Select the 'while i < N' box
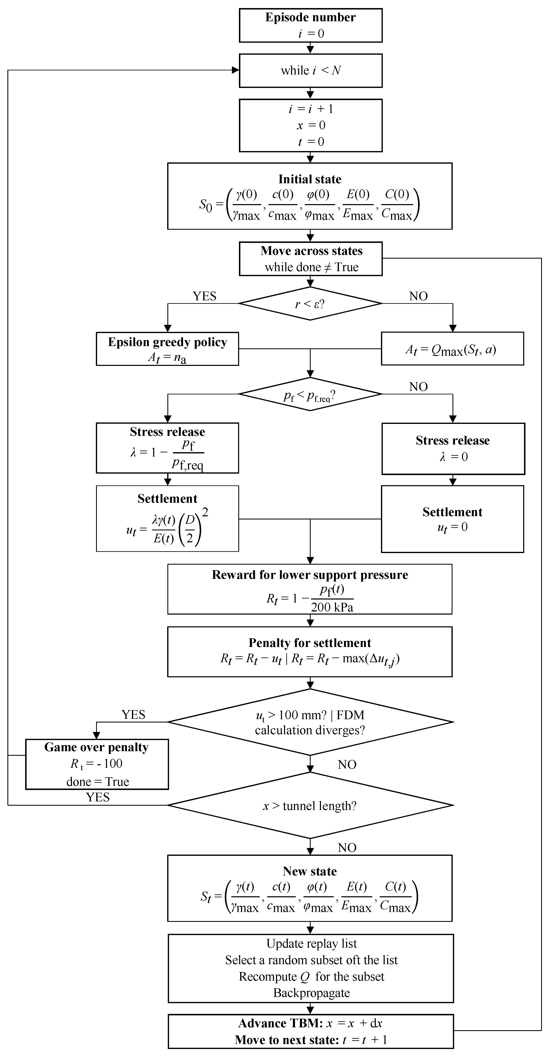310,71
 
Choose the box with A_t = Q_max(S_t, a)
452,349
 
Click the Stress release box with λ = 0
453,448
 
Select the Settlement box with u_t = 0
452,519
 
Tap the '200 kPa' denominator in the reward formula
332,607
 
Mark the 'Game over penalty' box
97,764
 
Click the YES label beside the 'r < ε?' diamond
204,296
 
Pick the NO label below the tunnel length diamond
347,847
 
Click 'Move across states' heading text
311,251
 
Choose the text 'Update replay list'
311,944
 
